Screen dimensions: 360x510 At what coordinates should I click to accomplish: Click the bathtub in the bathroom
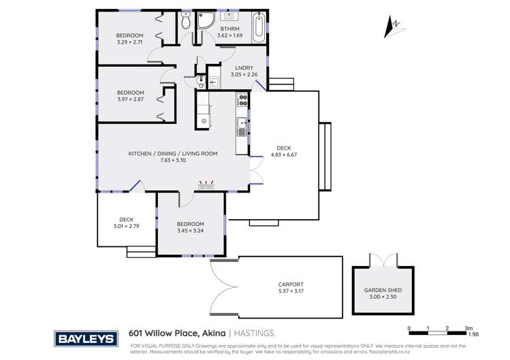click(259, 27)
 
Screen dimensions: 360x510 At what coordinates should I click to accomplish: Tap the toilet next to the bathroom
click(186, 20)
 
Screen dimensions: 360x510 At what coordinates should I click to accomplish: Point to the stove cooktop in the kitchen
click(242, 101)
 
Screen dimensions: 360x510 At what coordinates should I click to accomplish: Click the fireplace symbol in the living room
click(206, 184)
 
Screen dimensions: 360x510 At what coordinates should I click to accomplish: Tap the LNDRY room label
click(244, 67)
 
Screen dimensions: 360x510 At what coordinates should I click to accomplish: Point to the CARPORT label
click(291, 284)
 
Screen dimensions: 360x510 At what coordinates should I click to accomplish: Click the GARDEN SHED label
click(382, 290)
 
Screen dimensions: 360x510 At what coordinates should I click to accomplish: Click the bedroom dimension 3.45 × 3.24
click(190, 231)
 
